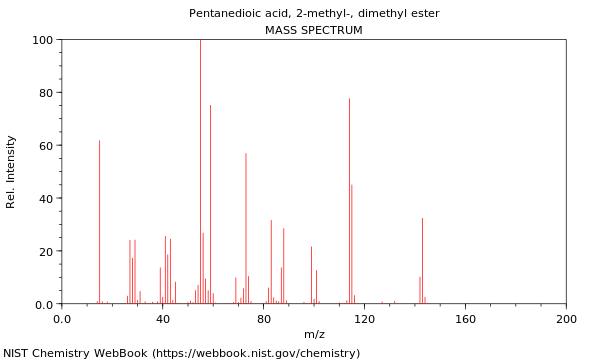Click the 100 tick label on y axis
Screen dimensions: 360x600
click(x=42, y=40)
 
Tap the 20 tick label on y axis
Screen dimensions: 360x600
click(x=45, y=252)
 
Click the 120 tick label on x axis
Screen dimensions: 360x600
click(x=364, y=319)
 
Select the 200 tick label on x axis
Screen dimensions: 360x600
click(x=566, y=319)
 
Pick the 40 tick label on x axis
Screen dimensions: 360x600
click(x=162, y=319)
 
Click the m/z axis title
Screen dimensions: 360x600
click(x=314, y=334)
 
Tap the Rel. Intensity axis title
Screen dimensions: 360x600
click(x=11, y=172)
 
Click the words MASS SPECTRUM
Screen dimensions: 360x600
click(x=314, y=30)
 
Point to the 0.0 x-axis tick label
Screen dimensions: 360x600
click(x=62, y=319)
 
